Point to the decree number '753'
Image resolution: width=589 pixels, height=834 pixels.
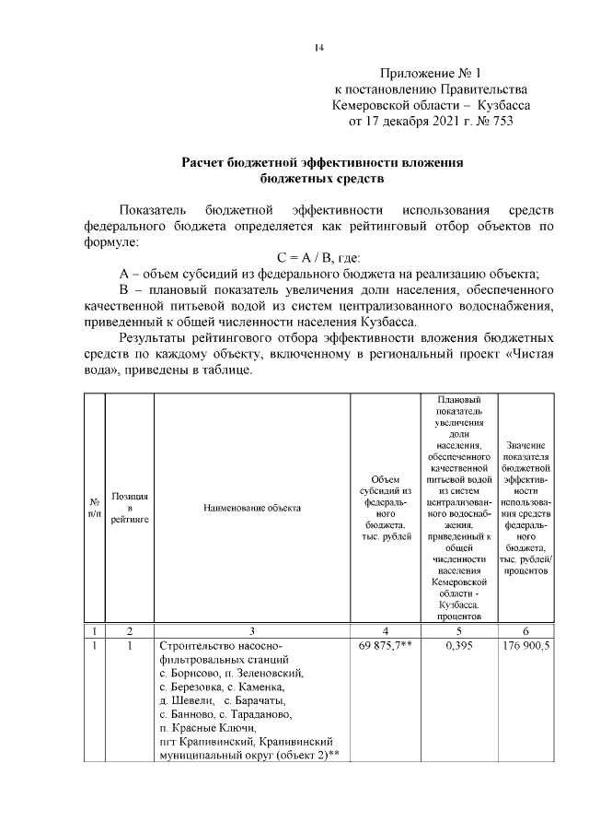click(x=498, y=121)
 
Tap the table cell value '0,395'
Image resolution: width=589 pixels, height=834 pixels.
click(x=459, y=647)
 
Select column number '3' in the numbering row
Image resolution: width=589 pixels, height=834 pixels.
click(x=251, y=630)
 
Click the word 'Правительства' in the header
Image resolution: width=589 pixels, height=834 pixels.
click(x=483, y=88)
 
